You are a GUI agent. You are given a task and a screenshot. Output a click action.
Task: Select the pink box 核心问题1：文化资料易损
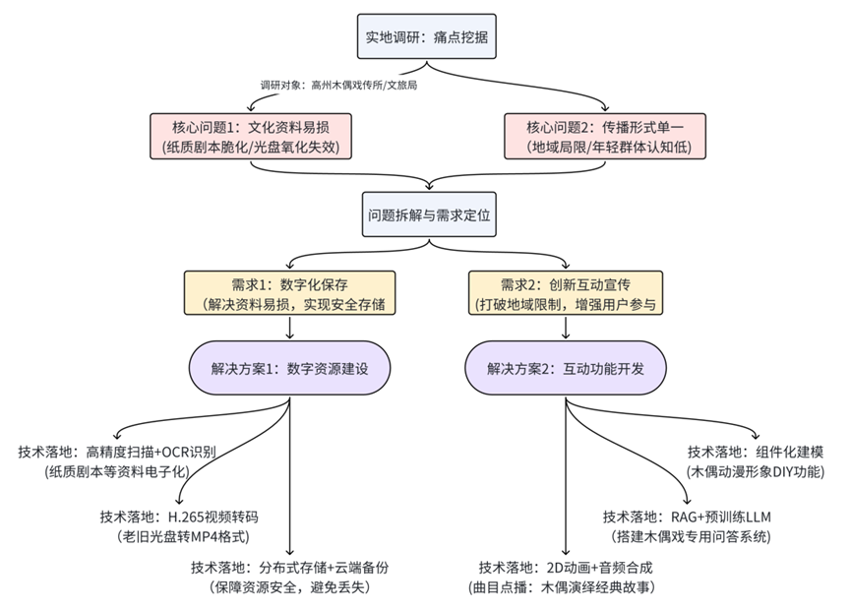(x=249, y=137)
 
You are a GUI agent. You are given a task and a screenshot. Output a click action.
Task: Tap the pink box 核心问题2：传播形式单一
(x=603, y=137)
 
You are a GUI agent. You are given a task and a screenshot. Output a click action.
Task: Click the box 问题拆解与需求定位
(x=427, y=214)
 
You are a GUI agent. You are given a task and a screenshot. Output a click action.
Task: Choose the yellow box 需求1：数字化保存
(x=290, y=293)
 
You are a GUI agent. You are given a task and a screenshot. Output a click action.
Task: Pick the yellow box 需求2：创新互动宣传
(x=565, y=293)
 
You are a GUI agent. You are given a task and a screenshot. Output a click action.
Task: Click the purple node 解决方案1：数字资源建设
(x=290, y=369)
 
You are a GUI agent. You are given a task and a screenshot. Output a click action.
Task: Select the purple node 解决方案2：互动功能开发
(x=565, y=369)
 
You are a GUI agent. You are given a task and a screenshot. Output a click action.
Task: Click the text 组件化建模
(x=783, y=453)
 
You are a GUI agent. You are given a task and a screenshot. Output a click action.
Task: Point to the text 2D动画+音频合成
(x=601, y=569)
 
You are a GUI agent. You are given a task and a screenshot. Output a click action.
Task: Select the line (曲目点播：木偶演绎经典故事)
(x=565, y=588)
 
